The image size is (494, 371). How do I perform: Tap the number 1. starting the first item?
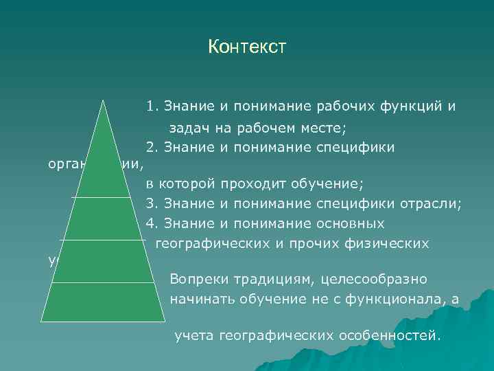coord(152,107)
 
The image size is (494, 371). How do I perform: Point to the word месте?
coord(325,128)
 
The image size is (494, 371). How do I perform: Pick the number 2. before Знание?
coord(152,147)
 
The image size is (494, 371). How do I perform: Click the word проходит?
coord(255,184)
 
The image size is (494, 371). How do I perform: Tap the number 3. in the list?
coord(152,203)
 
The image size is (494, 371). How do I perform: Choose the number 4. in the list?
coord(152,224)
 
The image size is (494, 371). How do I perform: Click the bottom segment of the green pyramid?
coord(104,302)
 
